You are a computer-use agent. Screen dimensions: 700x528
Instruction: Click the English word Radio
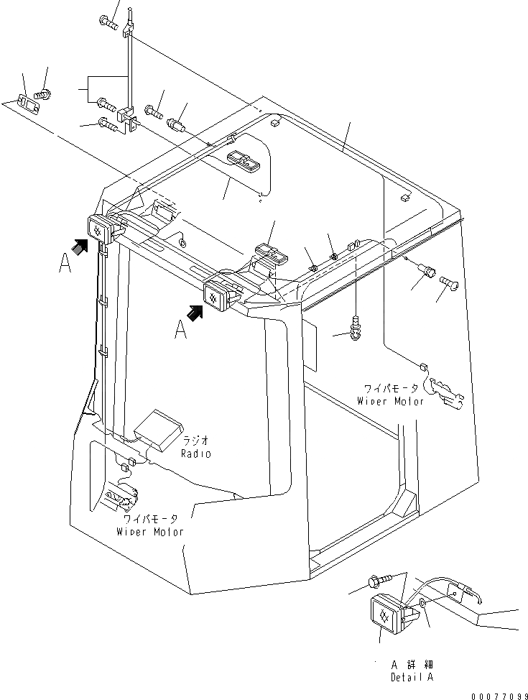[195, 454]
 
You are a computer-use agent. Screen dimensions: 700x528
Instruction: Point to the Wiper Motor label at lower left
[149, 532]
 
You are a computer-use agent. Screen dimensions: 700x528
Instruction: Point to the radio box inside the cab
[159, 429]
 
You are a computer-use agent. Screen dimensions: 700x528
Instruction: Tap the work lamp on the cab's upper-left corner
[101, 226]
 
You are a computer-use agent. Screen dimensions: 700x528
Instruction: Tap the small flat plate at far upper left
[27, 103]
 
